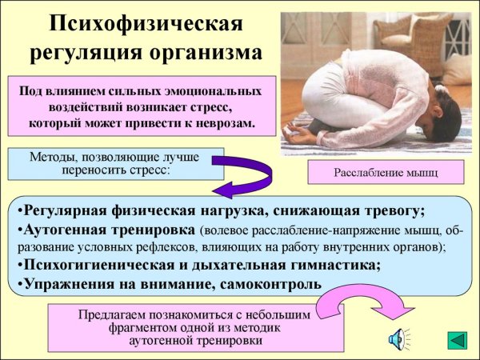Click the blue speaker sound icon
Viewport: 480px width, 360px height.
[398, 340]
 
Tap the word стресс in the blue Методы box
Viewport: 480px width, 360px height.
[147, 170]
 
